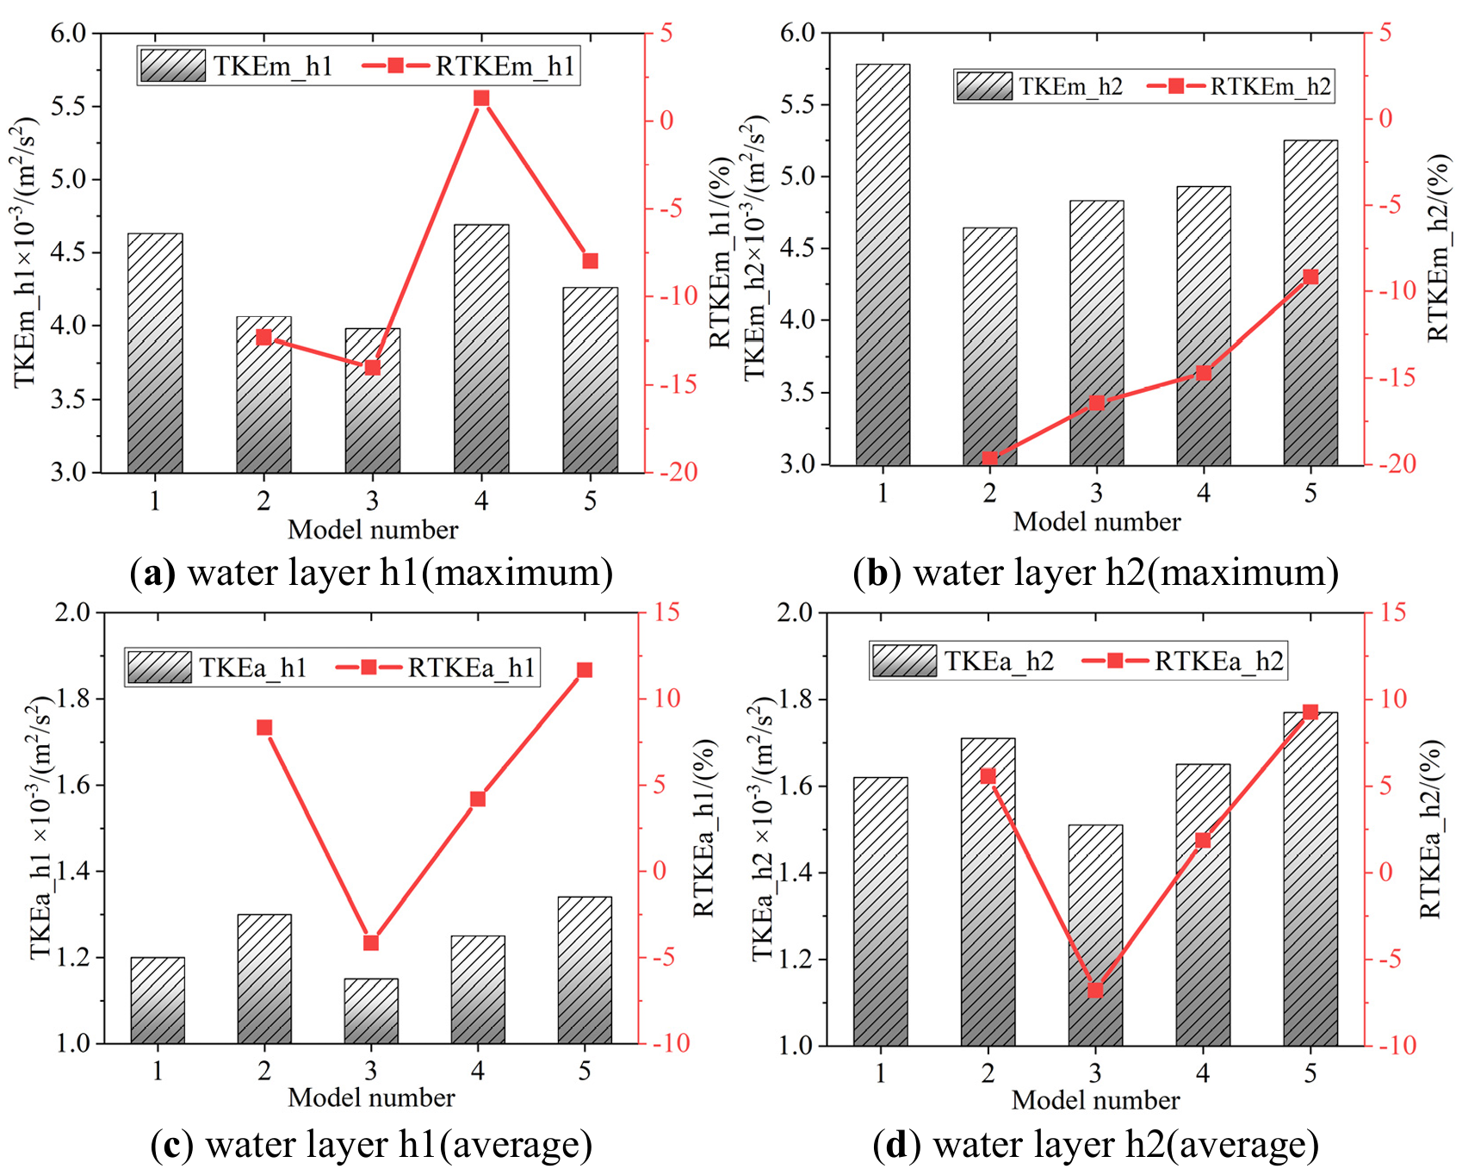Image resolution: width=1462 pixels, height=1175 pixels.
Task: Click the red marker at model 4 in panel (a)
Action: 481,98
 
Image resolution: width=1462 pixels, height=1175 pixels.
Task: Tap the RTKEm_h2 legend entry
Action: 1240,86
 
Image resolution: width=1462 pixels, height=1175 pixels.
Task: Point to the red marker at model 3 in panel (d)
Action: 1095,991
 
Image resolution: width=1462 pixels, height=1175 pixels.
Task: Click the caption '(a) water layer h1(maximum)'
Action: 371,573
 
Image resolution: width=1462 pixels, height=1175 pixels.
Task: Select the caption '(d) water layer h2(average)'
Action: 1095,1145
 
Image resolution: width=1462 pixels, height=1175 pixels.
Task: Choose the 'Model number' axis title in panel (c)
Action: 371,1097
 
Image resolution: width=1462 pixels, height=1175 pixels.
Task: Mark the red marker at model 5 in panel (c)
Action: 585,670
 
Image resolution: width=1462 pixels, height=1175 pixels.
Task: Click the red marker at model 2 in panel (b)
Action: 989,458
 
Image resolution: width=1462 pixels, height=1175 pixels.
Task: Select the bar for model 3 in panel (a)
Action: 373,401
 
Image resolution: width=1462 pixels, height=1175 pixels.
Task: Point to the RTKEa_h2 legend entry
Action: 1183,661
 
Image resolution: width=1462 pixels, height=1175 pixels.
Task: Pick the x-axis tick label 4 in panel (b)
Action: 1203,493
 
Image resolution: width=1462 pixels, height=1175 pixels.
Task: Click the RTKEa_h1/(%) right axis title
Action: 703,827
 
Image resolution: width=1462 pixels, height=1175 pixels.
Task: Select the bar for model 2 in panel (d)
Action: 988,892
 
